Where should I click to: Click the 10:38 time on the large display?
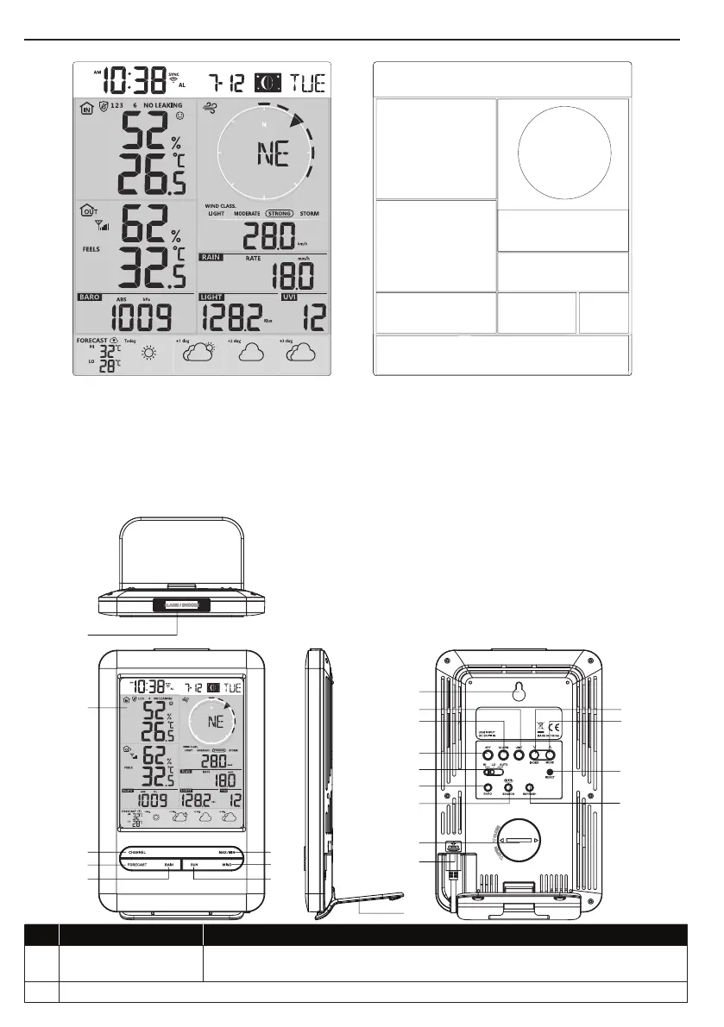coord(134,81)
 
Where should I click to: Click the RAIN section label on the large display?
coord(211,257)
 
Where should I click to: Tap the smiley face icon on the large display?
coord(179,116)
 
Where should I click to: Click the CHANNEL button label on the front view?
coord(144,851)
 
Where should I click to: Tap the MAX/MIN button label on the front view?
coord(227,851)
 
